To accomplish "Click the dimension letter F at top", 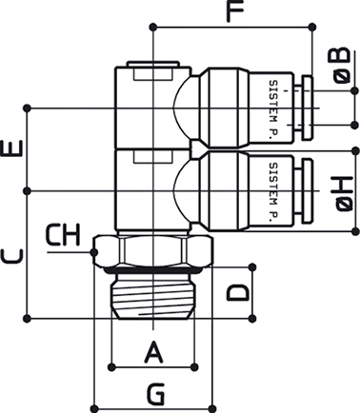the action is (x=234, y=11).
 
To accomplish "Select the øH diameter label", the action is (x=343, y=193).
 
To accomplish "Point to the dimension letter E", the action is (x=12, y=148).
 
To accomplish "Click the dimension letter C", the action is (x=12, y=257).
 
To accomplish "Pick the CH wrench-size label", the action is (x=63, y=235).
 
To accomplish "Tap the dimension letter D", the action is (x=237, y=292).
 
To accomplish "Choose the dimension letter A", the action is (x=153, y=352).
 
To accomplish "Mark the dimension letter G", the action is (x=155, y=394).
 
